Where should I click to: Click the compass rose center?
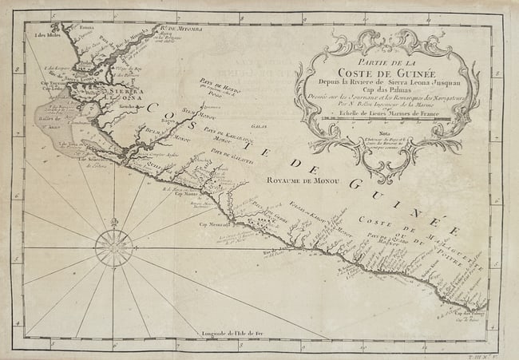tap(113, 247)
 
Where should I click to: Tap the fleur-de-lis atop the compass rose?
tap(113, 221)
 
